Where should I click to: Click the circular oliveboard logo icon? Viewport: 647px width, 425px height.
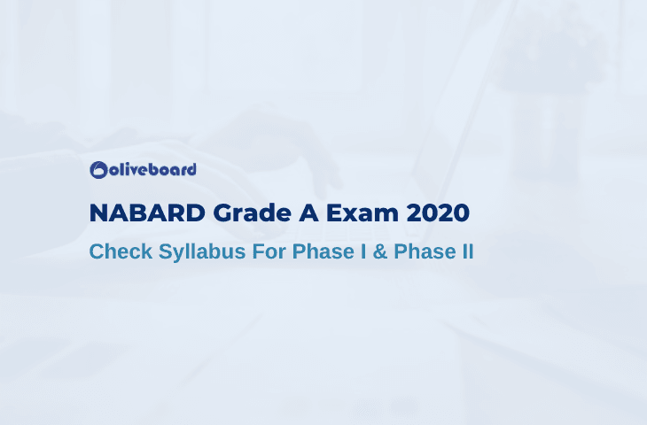point(98,170)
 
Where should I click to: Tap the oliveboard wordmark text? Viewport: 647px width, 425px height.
point(152,169)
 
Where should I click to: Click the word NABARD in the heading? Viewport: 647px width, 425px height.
point(147,213)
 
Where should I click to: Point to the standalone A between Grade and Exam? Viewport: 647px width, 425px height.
point(308,213)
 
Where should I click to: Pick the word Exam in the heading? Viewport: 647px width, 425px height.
point(362,213)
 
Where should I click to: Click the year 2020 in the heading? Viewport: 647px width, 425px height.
point(438,213)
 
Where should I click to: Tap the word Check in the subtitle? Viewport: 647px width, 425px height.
point(121,251)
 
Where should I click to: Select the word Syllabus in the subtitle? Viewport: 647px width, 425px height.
point(202,252)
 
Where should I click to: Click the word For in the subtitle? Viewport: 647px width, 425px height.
point(269,251)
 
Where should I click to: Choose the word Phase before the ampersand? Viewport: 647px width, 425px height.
point(323,251)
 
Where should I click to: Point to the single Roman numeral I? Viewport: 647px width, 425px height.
point(363,251)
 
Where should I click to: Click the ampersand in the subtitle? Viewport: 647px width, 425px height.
point(380,251)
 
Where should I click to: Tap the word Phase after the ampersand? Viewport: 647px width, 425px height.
point(425,251)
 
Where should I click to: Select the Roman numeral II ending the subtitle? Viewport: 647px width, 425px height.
point(468,251)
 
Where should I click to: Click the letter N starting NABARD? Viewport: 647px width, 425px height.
point(99,213)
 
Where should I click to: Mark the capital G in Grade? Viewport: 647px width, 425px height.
point(222,213)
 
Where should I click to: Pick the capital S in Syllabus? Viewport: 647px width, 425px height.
point(167,251)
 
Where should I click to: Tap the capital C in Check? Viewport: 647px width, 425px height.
point(97,251)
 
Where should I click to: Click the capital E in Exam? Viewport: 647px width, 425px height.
point(334,213)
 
